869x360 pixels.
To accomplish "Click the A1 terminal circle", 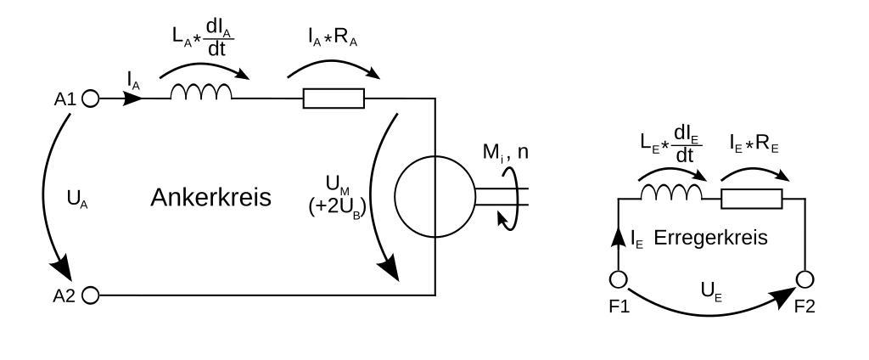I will (x=91, y=98).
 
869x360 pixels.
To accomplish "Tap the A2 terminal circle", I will (x=91, y=295).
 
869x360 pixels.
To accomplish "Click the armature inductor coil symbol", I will (x=200, y=93).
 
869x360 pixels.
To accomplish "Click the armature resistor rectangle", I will (x=334, y=98).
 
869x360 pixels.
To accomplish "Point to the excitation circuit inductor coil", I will (x=671, y=194).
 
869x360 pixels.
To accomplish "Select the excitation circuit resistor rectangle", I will (x=750, y=199).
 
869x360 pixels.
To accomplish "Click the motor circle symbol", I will (x=434, y=194).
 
